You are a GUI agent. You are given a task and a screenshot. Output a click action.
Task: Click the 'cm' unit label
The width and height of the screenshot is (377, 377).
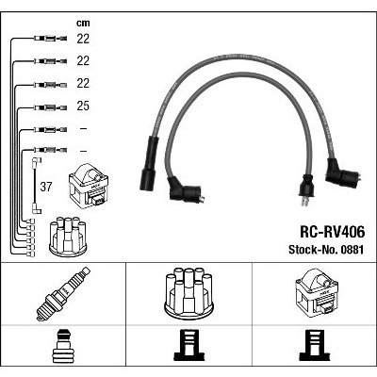coord(83,23)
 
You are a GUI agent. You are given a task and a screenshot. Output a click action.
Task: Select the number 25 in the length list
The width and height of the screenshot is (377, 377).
coord(83,106)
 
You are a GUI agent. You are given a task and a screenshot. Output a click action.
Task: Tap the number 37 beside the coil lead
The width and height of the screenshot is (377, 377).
coord(46,187)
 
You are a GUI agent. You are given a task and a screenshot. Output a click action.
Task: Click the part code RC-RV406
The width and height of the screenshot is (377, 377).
coord(333,232)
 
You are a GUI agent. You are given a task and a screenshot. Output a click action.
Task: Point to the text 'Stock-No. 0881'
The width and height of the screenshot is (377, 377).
coord(326,250)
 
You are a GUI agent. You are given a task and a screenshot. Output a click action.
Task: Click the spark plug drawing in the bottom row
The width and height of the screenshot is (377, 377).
coord(63,294)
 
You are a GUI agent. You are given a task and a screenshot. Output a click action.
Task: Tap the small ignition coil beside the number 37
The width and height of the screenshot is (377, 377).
coord(89,187)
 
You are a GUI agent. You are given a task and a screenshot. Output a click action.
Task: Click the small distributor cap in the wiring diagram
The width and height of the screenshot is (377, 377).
coord(68,237)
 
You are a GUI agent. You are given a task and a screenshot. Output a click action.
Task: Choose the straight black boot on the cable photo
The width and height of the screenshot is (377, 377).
coord(149,163)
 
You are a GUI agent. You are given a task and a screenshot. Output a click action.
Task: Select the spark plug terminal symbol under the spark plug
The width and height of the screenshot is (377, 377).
coord(63,345)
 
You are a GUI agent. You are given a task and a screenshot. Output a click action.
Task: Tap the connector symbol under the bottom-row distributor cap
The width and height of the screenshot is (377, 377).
coord(189,345)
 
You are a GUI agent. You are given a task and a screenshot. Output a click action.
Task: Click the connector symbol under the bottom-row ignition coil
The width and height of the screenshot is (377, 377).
coord(315,345)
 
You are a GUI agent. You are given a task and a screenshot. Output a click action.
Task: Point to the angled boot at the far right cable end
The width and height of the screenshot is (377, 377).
coord(343,173)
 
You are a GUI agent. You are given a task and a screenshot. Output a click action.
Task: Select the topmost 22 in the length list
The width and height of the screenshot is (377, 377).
coord(83,39)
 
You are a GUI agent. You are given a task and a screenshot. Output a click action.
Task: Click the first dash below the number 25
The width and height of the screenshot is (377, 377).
coord(83,128)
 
